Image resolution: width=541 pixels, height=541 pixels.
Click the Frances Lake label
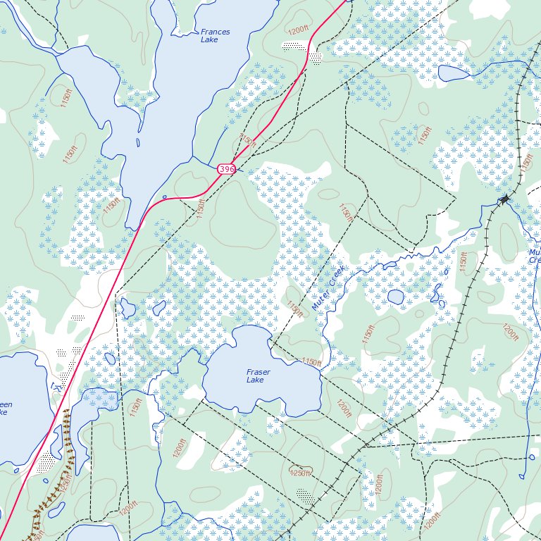pos(215,36)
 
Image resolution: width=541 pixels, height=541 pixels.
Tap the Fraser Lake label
pos(259,375)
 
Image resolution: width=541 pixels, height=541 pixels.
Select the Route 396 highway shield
pos(226,169)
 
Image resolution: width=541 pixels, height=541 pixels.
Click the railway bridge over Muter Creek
pos(504,200)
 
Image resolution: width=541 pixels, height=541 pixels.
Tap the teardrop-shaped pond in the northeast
pos(452,73)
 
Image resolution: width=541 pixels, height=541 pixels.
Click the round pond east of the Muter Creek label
pos(395,297)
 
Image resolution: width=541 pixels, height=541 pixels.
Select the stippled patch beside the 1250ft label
pos(304,495)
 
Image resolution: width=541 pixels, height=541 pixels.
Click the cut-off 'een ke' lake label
pos(5,409)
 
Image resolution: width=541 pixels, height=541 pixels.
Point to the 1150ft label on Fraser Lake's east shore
pos(311,362)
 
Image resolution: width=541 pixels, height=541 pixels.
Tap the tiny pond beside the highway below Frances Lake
pos(164,197)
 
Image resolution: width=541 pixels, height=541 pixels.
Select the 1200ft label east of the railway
pos(509,332)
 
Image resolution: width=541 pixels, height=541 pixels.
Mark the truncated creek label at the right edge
pos(535,256)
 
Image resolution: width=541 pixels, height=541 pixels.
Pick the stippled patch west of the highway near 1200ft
pos(291,46)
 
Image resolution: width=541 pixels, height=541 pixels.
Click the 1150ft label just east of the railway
pos(464,261)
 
